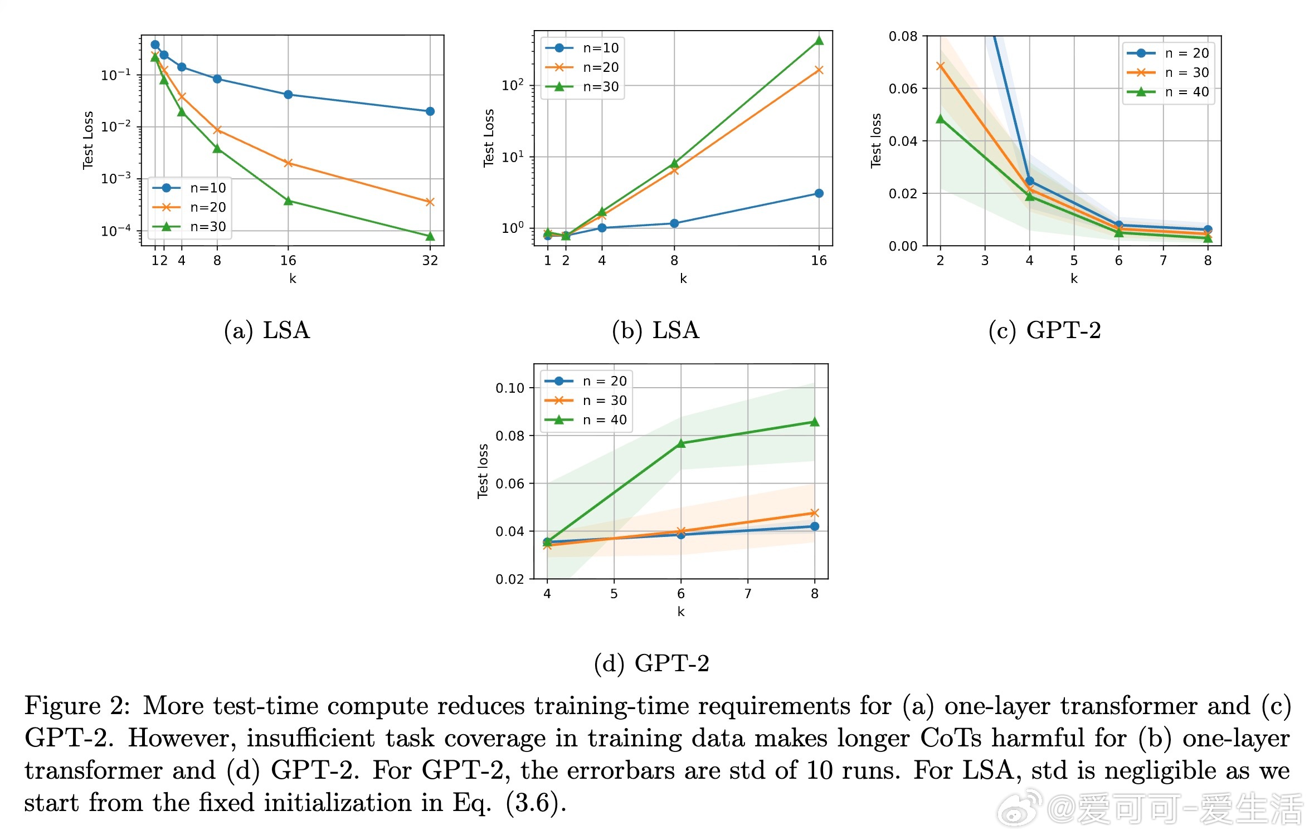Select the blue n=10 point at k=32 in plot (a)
430,111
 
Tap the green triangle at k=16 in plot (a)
288,201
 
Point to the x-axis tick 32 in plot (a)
430,261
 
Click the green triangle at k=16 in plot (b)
819,41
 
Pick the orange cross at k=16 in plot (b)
819,70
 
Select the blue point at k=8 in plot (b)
674,223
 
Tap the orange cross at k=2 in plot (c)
941,66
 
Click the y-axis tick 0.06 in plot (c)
903,89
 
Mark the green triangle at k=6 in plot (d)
680,443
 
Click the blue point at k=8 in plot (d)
815,526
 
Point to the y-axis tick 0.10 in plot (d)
510,388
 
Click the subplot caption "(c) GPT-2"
1044,330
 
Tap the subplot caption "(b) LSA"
655,330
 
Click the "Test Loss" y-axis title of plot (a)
88,140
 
